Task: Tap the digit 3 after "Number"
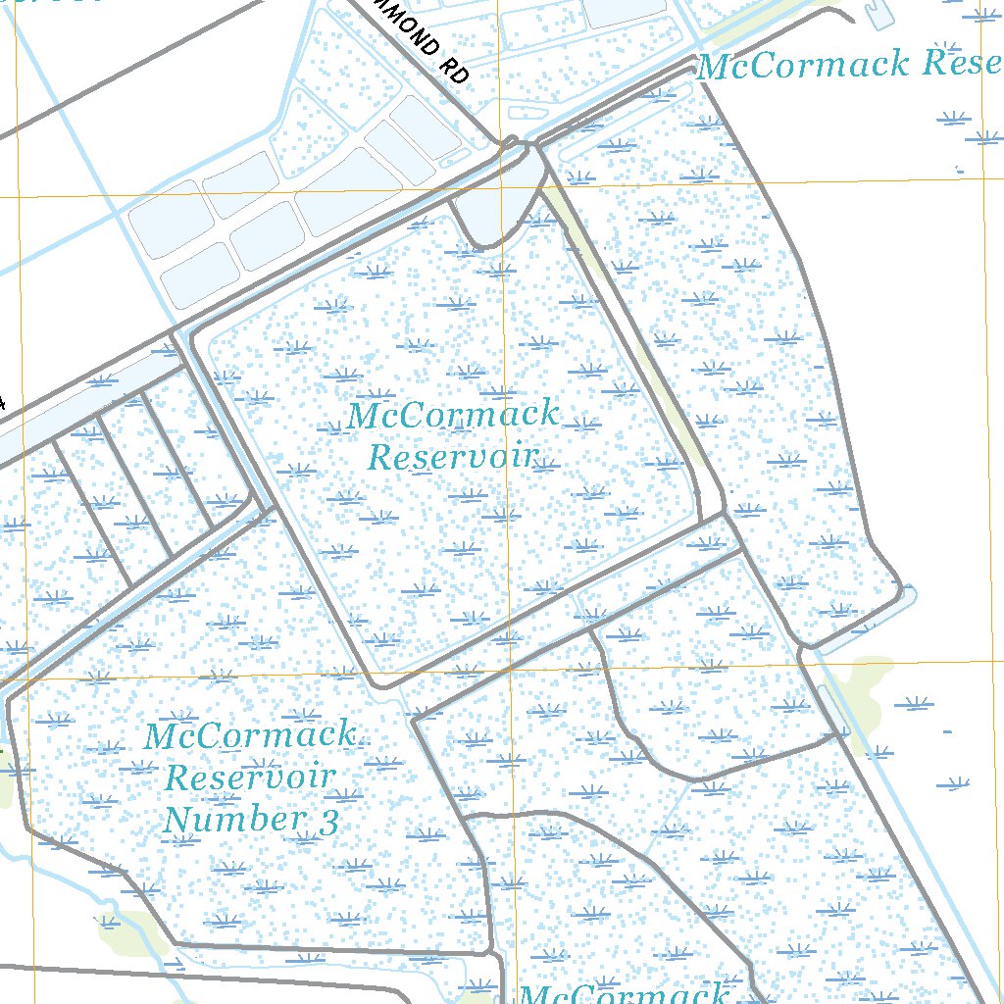point(327,820)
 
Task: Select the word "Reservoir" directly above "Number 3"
point(249,777)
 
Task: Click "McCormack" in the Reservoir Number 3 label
point(249,734)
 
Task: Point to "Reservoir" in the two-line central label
point(453,457)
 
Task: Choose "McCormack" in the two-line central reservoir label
point(453,415)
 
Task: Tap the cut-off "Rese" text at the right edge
point(957,65)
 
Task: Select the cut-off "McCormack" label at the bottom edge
point(624,993)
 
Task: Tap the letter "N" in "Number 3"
point(177,819)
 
